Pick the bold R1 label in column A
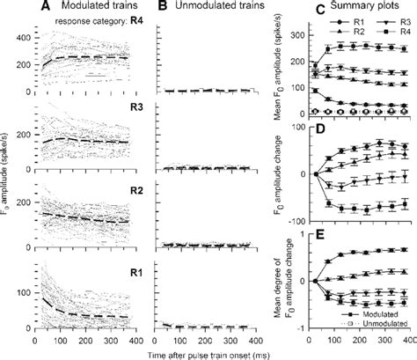[134, 262]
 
